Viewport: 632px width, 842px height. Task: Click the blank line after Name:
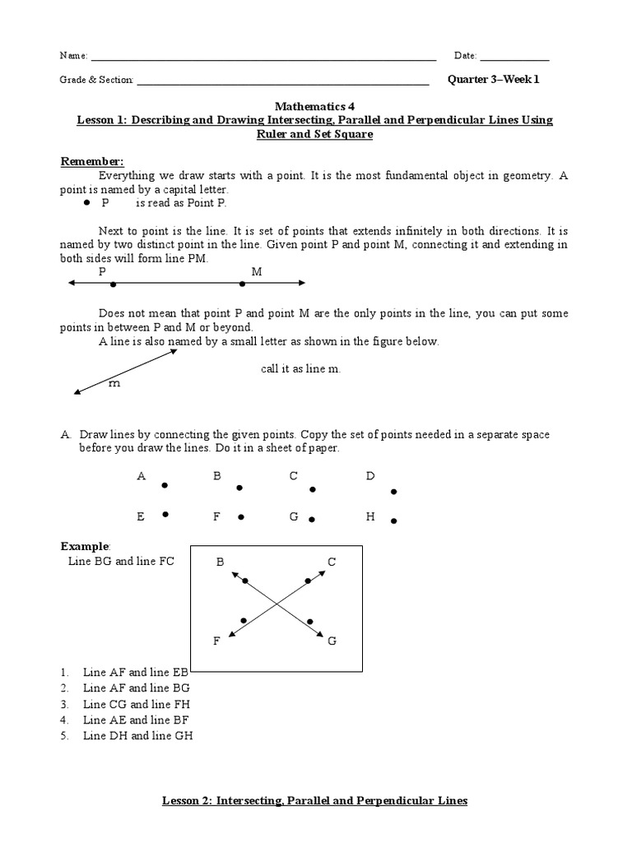click(x=263, y=58)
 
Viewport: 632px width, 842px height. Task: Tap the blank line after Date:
click(x=514, y=58)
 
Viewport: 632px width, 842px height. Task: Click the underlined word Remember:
click(x=92, y=161)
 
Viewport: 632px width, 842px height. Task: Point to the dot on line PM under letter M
click(x=242, y=285)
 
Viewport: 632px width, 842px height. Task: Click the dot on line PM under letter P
click(x=113, y=285)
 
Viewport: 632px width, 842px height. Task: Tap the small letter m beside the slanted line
click(x=114, y=383)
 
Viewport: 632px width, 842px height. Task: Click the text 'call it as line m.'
click(x=300, y=369)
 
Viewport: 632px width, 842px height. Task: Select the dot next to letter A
click(x=165, y=485)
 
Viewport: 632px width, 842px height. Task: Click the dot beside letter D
click(x=393, y=492)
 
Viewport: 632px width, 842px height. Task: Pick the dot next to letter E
click(x=165, y=515)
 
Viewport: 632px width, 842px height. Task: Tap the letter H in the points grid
click(x=370, y=516)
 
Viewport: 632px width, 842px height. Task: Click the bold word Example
click(x=85, y=546)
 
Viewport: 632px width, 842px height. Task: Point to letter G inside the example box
click(x=332, y=641)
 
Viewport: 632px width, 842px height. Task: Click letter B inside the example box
click(x=220, y=562)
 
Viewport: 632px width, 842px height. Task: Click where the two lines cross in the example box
click(x=276, y=605)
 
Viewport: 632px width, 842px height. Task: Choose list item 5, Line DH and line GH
click(x=137, y=736)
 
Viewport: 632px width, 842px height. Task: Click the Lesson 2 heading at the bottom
click(x=314, y=800)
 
